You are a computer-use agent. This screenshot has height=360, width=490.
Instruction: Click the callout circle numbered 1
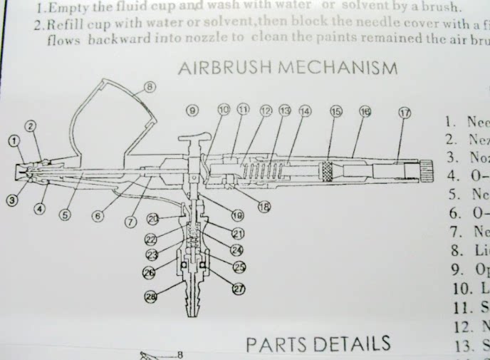(x=14, y=141)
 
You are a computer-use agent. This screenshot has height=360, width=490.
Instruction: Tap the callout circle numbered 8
(x=149, y=88)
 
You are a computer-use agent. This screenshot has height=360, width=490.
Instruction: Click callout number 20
(x=153, y=218)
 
